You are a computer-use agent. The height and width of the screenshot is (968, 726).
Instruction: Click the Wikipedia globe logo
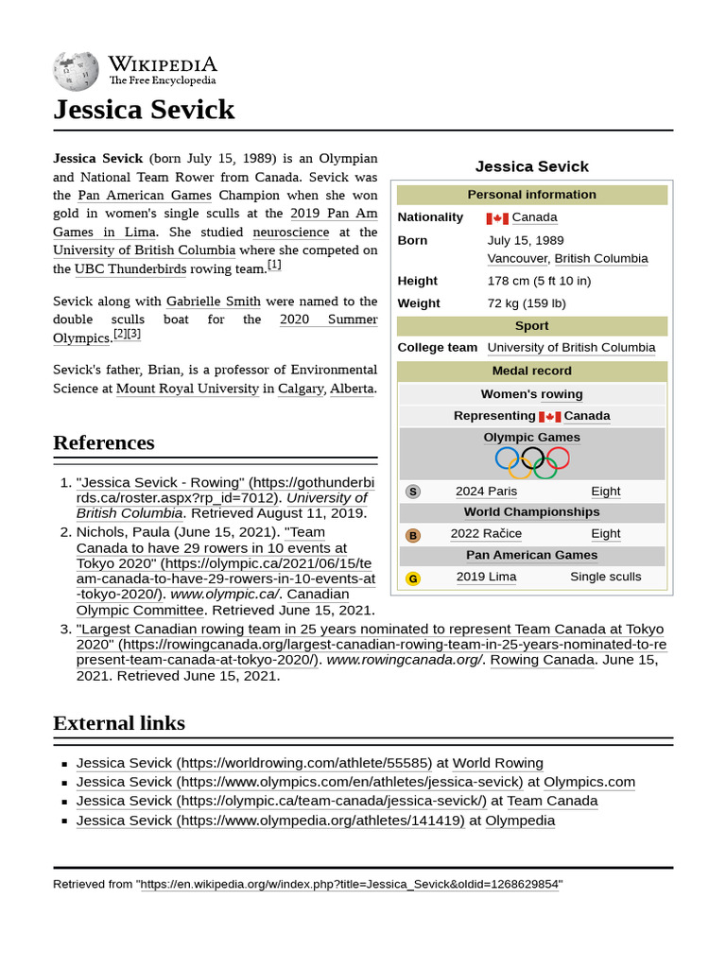pyautogui.click(x=76, y=70)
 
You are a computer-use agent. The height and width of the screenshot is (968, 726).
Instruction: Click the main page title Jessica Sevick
pyautogui.click(x=144, y=110)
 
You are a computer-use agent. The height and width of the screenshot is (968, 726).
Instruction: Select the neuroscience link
pyautogui.click(x=291, y=232)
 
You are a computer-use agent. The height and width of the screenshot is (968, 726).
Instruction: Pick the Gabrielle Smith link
pyautogui.click(x=214, y=302)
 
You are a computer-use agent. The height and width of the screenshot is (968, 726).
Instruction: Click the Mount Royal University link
pyautogui.click(x=187, y=388)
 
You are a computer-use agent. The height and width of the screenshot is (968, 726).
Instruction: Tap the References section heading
pyautogui.click(x=104, y=442)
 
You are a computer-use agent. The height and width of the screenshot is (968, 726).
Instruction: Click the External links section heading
pyautogui.click(x=119, y=723)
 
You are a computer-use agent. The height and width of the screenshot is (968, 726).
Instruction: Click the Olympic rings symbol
pyautogui.click(x=532, y=461)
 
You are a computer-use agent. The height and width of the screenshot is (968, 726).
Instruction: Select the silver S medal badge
pyautogui.click(x=413, y=492)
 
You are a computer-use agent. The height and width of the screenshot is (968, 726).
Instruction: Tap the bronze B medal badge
pyautogui.click(x=413, y=535)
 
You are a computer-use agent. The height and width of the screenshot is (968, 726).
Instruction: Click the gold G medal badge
pyautogui.click(x=413, y=579)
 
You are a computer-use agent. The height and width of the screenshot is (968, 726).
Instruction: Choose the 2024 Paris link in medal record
pyautogui.click(x=486, y=492)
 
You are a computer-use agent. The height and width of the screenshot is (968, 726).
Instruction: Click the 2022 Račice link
pyautogui.click(x=486, y=534)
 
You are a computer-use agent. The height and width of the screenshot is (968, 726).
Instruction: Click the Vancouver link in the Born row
pyautogui.click(x=517, y=259)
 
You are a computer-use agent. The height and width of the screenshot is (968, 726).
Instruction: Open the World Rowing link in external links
pyautogui.click(x=497, y=763)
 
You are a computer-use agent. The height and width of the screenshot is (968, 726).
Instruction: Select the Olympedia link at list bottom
pyautogui.click(x=520, y=821)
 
